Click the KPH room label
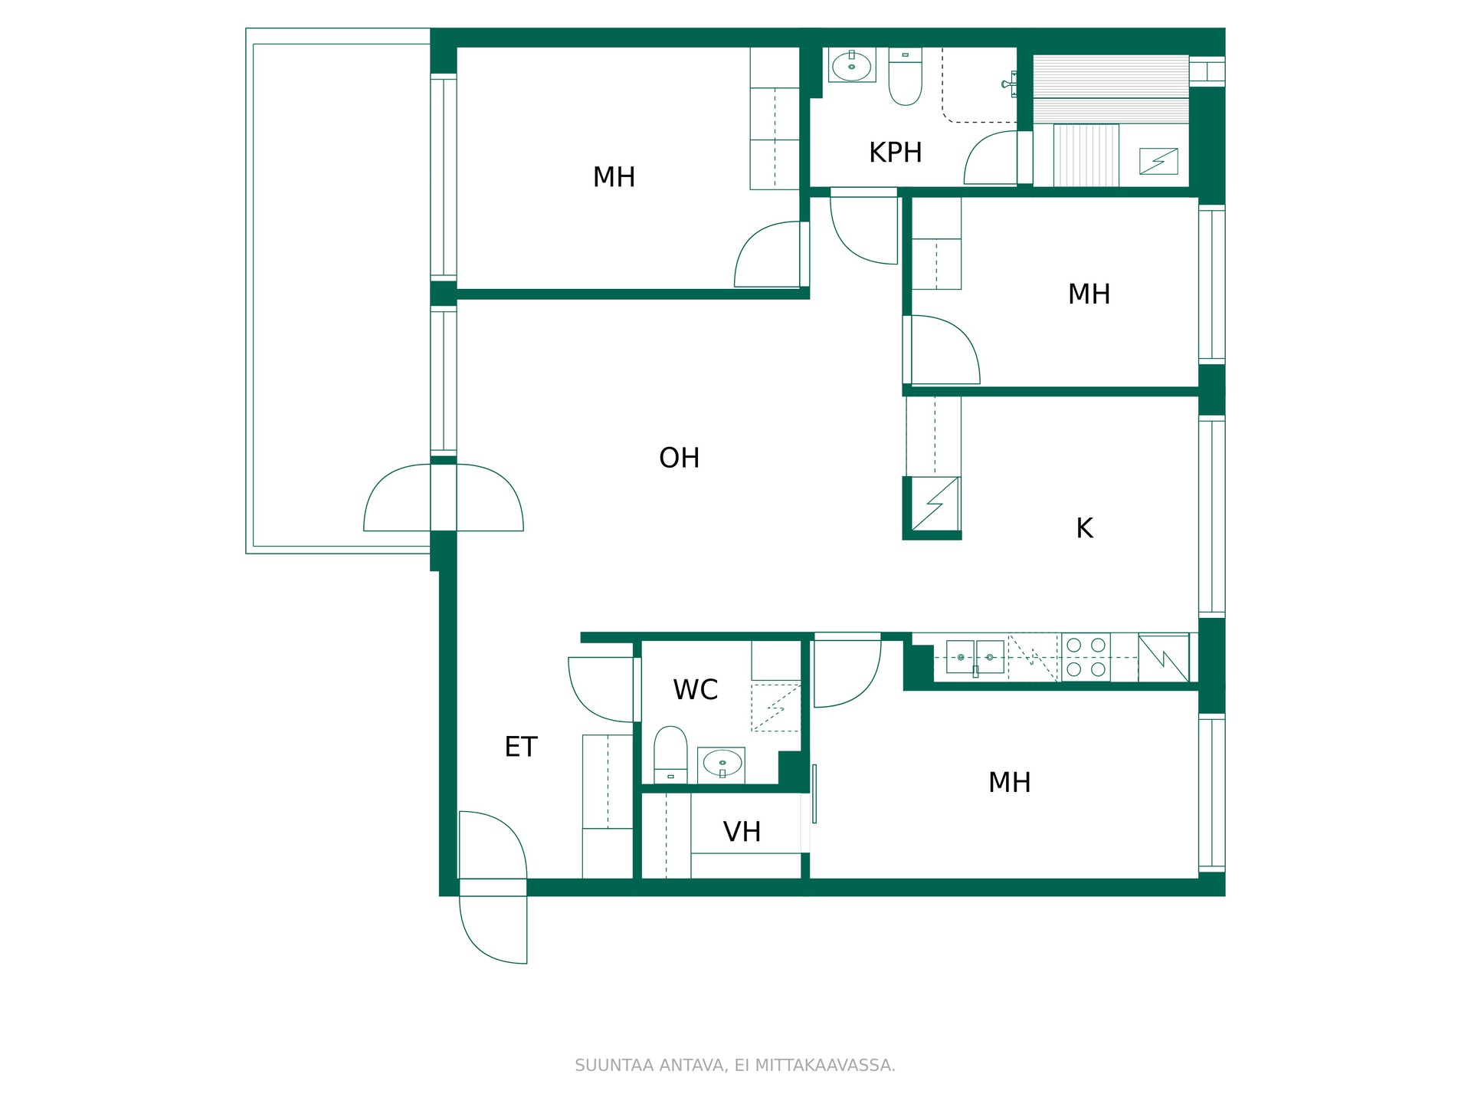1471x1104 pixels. (895, 153)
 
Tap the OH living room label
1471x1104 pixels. (679, 458)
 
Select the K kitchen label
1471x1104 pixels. (1084, 528)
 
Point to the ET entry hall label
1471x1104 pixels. (521, 747)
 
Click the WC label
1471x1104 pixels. (695, 690)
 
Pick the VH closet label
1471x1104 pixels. (742, 832)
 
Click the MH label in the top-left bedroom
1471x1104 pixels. (614, 177)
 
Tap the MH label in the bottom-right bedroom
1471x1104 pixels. (1009, 783)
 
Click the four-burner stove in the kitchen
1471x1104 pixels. (1086, 657)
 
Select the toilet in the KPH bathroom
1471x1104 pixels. (905, 76)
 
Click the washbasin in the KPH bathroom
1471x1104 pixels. (852, 66)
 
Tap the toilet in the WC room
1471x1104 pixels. (670, 754)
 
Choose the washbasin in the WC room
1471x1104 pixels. (721, 764)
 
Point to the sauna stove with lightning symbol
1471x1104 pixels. (1158, 161)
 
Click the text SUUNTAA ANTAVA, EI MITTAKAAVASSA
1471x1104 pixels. (735, 1065)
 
